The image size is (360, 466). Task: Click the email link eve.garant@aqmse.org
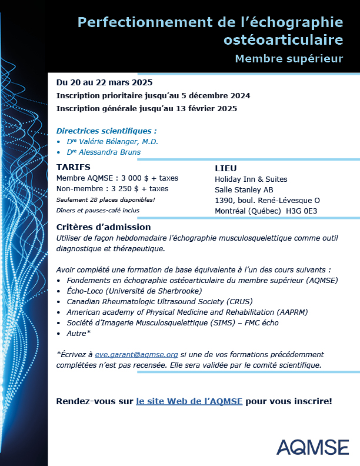[x=136, y=354]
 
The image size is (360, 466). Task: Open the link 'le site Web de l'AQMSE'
[x=189, y=401]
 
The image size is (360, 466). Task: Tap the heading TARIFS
[x=73, y=167]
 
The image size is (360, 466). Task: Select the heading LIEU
[x=225, y=168]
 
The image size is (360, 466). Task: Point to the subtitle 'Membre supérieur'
[x=288, y=59]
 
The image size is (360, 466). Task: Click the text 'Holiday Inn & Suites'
[x=251, y=179]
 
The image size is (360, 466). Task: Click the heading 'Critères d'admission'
[x=104, y=227]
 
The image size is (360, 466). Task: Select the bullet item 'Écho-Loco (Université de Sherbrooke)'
[x=134, y=291]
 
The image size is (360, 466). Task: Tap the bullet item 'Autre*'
[x=79, y=333]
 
